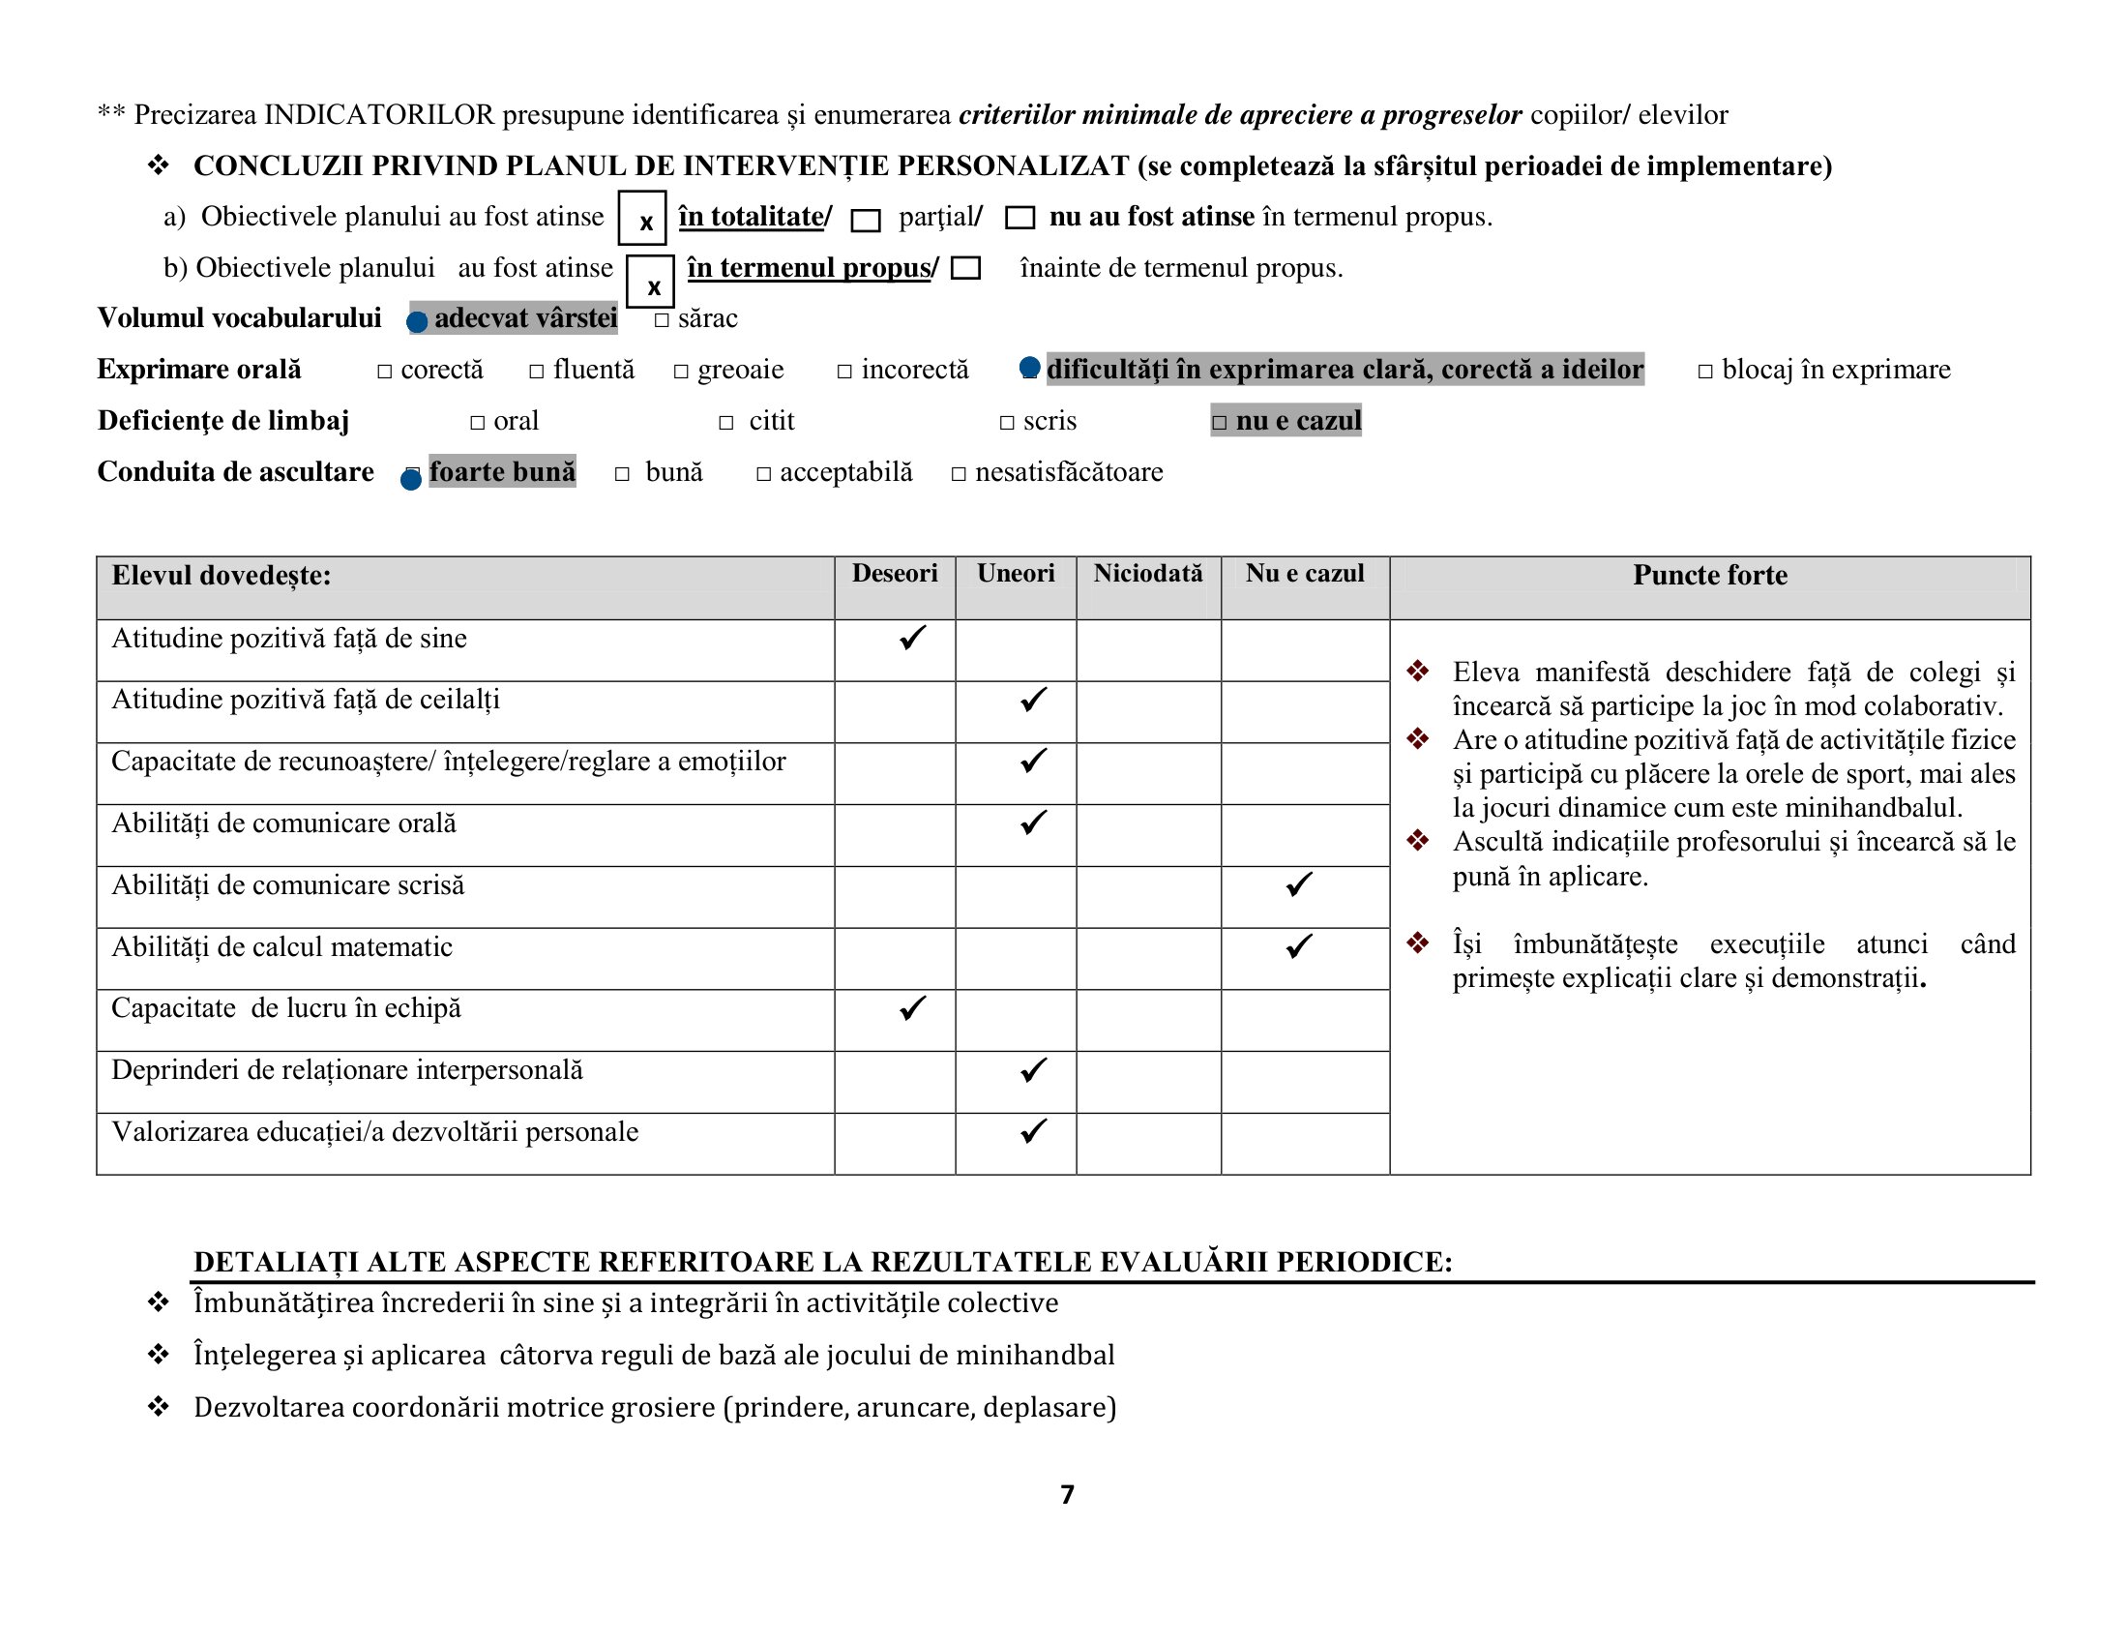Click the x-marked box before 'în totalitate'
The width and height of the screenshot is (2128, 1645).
tap(642, 219)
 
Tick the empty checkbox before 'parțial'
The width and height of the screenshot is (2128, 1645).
tap(866, 221)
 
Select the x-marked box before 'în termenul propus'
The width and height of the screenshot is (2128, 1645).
tap(650, 282)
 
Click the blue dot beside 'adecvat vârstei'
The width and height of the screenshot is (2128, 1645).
tap(417, 321)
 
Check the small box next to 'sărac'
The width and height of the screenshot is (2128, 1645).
tap(663, 319)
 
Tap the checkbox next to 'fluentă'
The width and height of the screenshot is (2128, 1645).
tap(537, 372)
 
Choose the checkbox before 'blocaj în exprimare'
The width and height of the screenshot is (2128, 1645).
tap(1705, 372)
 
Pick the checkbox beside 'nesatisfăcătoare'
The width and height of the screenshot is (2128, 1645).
tap(959, 474)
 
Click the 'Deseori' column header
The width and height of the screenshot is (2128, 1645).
tap(895, 574)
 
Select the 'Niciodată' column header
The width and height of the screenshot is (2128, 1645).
tap(1148, 574)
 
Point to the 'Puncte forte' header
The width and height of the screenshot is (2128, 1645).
tap(1710, 576)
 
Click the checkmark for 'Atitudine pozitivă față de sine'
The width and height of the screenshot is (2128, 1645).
tap(912, 639)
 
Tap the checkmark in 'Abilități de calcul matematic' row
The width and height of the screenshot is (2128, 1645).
tap(1299, 946)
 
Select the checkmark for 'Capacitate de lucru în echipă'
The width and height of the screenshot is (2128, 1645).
tap(912, 1007)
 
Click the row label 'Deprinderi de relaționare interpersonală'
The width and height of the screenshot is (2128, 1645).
tap(347, 1070)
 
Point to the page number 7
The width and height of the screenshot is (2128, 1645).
tap(1068, 1495)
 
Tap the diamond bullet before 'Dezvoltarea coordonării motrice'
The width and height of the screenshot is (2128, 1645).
tap(158, 1407)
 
